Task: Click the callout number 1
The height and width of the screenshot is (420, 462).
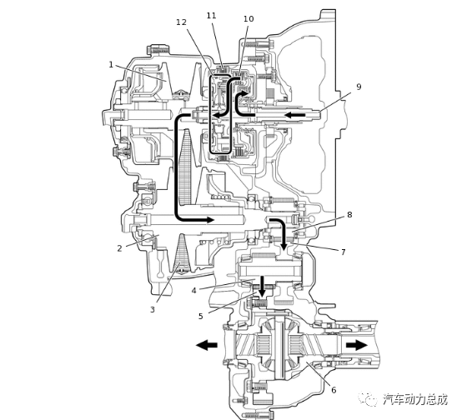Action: (111, 64)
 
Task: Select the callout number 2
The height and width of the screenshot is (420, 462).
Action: (119, 248)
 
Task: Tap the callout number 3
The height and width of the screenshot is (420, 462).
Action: (153, 309)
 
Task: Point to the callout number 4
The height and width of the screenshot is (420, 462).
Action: (193, 291)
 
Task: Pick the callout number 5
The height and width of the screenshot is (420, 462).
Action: (200, 316)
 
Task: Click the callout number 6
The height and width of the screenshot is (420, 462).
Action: (334, 390)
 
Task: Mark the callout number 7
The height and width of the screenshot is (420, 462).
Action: (343, 251)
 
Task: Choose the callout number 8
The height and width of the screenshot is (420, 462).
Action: (349, 215)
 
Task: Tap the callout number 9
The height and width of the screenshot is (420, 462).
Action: (359, 87)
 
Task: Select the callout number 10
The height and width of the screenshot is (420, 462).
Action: (249, 18)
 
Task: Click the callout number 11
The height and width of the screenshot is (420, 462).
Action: (211, 16)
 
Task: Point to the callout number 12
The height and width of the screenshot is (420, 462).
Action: (182, 22)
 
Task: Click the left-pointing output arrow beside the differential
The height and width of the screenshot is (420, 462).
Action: (206, 344)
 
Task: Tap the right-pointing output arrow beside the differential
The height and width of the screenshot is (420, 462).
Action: (356, 344)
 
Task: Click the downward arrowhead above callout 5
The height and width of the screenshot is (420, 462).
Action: (262, 291)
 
